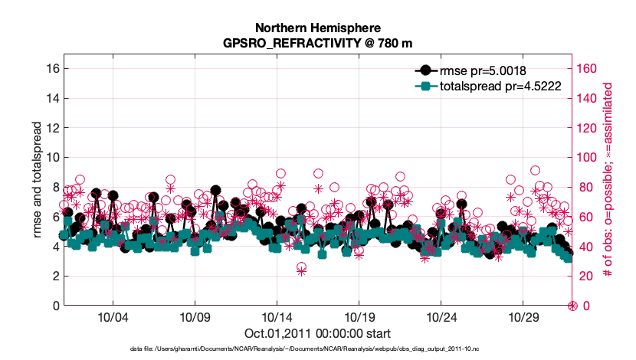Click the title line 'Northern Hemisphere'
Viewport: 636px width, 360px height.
[x=317, y=28]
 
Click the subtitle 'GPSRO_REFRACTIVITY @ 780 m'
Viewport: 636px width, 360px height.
[x=317, y=44]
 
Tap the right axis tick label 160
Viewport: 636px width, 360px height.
[x=587, y=68]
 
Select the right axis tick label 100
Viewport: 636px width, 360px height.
[x=587, y=157]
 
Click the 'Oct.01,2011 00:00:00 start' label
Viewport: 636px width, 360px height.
[x=317, y=333]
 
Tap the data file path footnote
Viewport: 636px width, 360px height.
[x=317, y=349]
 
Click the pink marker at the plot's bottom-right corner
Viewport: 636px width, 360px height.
[x=572, y=306]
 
